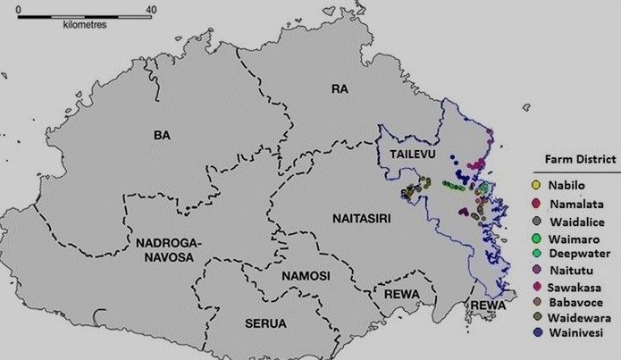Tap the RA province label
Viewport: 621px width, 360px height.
point(339,88)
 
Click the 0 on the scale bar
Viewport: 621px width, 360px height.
point(19,9)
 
